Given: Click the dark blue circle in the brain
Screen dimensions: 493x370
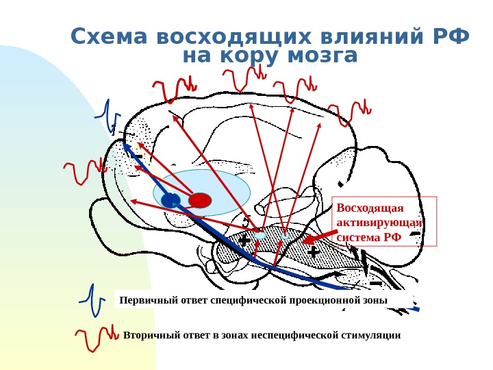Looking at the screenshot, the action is point(170,200).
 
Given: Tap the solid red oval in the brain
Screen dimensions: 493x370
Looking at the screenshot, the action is point(200,200).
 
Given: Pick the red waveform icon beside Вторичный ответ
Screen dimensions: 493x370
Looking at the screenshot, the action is point(96,336).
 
